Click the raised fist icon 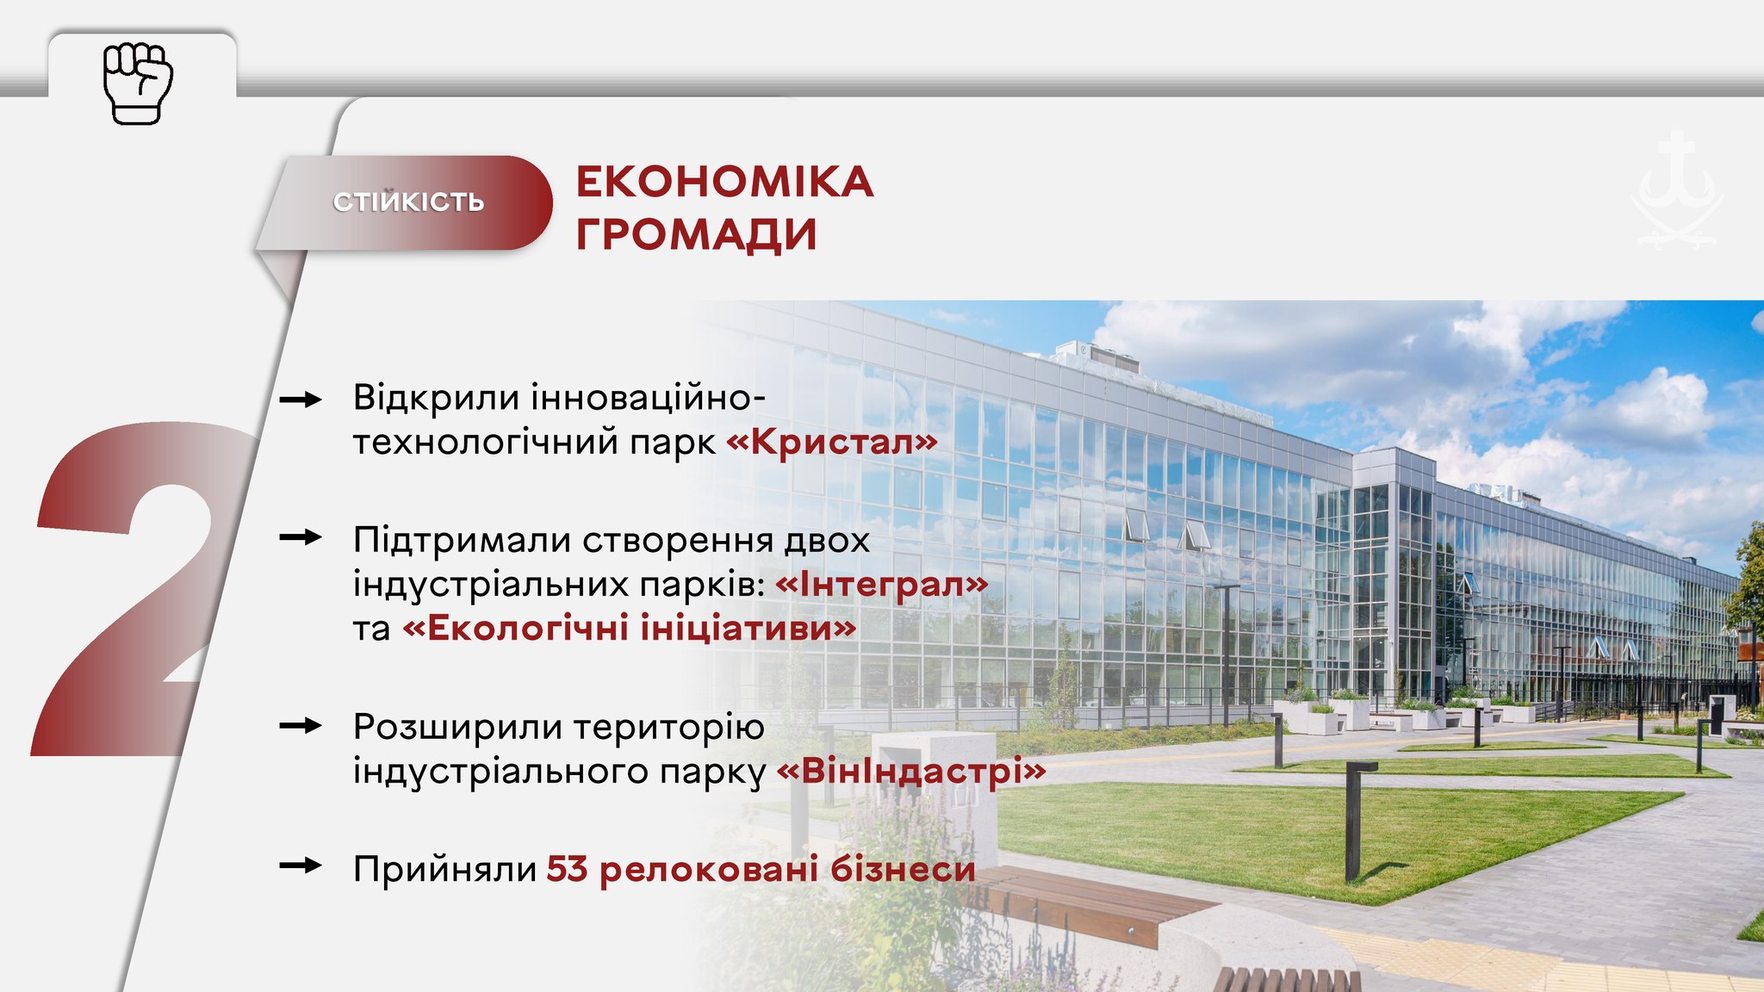[x=138, y=83]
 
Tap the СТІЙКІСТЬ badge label [x=409, y=202]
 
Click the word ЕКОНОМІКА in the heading [x=724, y=182]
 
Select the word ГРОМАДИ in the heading [x=696, y=234]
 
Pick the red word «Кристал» [x=832, y=442]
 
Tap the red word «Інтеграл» [x=882, y=584]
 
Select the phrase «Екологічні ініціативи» [x=630, y=628]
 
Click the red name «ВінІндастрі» [x=911, y=770]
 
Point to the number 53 [x=567, y=869]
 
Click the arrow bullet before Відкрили [x=301, y=400]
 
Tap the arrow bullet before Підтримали [x=301, y=537]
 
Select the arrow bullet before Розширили [x=301, y=726]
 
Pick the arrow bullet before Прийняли [x=301, y=865]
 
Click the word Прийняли [x=445, y=869]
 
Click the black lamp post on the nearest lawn [x=1354, y=821]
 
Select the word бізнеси [x=903, y=869]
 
